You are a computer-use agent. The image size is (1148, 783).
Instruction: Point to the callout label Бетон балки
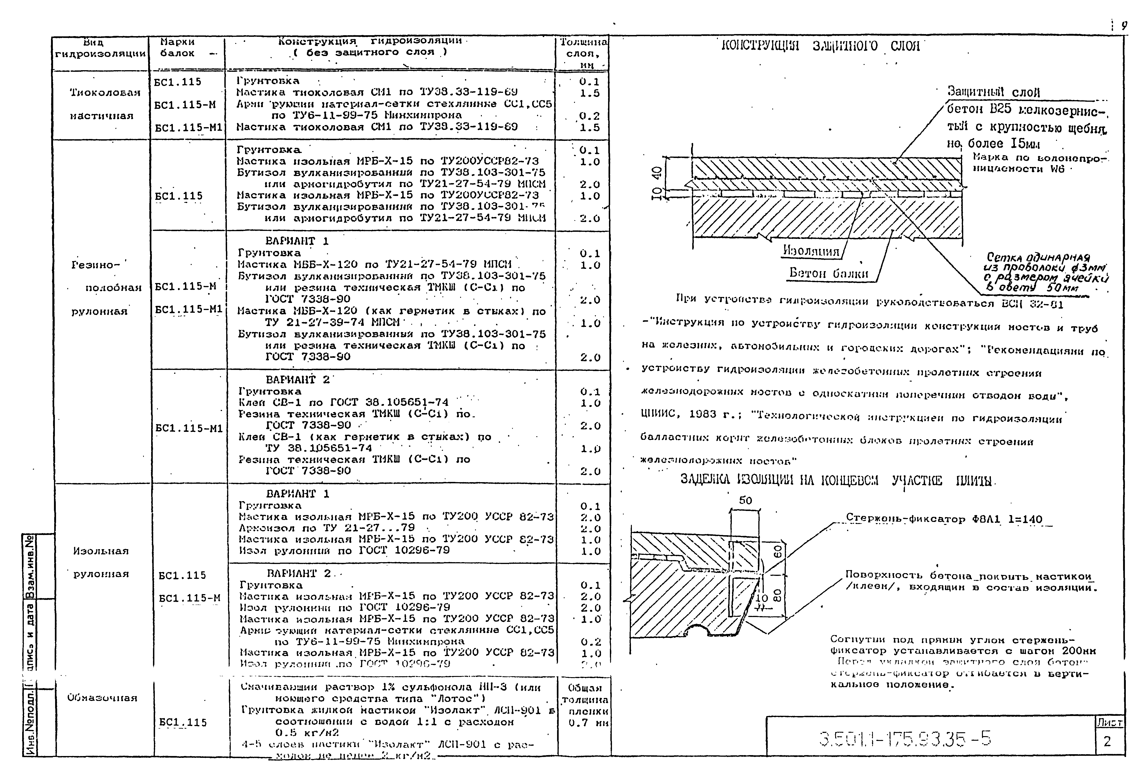pos(828,273)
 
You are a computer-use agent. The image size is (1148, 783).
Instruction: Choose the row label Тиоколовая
pos(105,93)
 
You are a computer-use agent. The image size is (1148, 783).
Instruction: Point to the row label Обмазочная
pos(102,697)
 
